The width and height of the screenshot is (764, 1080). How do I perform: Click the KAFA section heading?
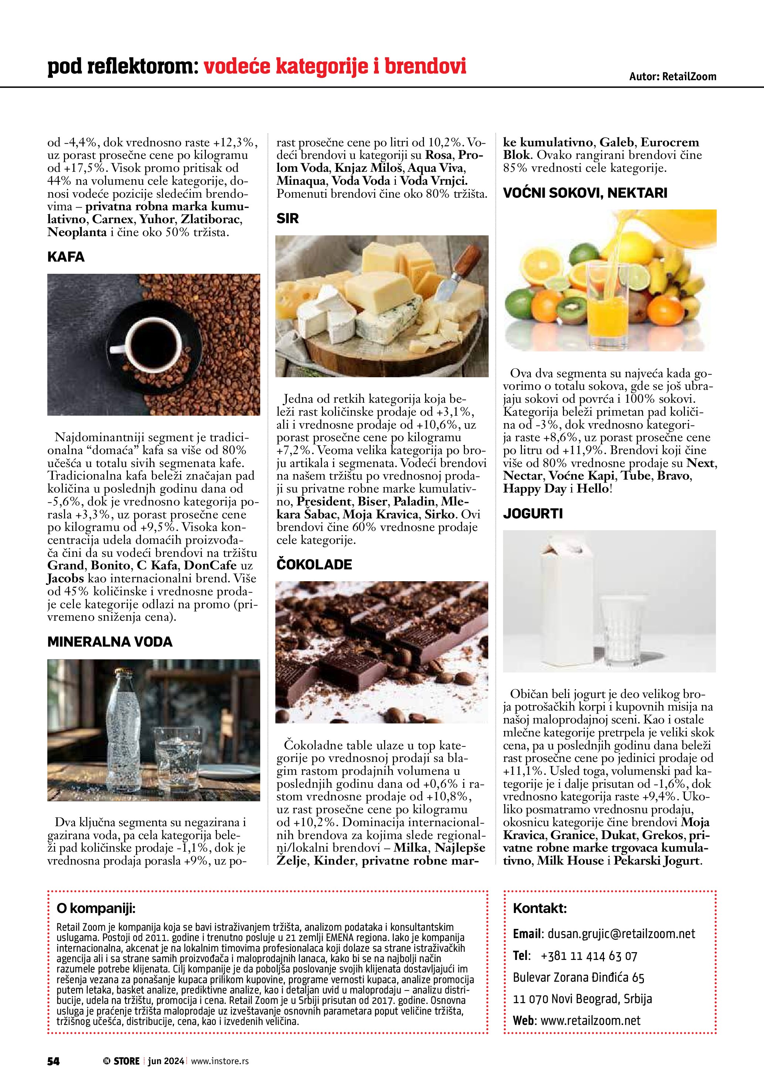[x=66, y=257]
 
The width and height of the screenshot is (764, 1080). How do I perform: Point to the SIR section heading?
[x=288, y=218]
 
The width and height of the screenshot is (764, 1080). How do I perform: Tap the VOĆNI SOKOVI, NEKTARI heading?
[x=585, y=193]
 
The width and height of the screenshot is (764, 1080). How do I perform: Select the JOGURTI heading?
[x=533, y=513]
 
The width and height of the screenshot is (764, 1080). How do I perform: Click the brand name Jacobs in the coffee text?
[x=65, y=578]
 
